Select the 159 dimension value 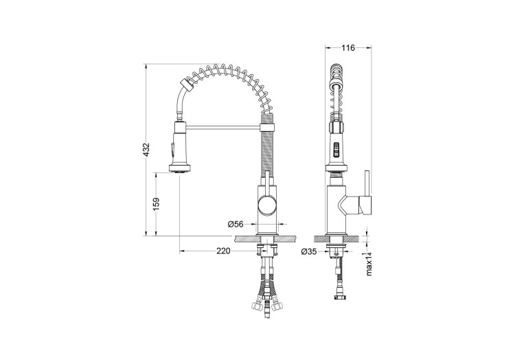point(157,205)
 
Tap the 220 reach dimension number point(222,251)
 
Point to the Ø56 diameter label point(236,223)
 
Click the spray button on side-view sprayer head point(336,148)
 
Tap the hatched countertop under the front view point(266,238)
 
